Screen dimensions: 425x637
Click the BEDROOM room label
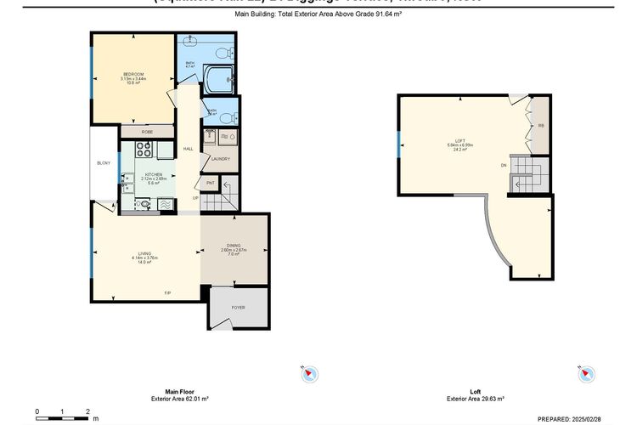(134, 75)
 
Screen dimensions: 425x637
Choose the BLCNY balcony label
(104, 162)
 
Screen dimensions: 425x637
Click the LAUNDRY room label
(221, 159)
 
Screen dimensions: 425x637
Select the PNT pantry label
(210, 183)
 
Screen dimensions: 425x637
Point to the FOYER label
(238, 307)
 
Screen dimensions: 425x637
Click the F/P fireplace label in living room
(167, 293)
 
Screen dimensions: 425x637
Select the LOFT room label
(459, 140)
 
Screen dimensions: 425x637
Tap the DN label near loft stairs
(504, 165)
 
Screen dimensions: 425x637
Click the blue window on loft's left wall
(397, 145)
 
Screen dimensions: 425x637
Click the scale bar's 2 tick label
(87, 411)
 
